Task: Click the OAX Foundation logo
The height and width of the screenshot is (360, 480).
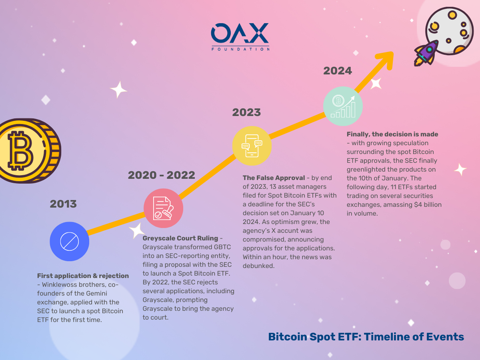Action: click(x=240, y=37)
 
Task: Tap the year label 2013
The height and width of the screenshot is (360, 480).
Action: click(x=63, y=204)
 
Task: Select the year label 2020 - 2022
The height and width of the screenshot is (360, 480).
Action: click(x=161, y=175)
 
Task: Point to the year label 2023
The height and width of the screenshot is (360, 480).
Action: click(x=246, y=112)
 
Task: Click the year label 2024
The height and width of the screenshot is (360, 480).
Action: click(x=338, y=71)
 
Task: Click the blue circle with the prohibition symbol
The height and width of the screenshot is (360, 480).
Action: click(x=69, y=242)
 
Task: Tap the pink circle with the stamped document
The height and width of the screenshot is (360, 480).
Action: click(x=163, y=208)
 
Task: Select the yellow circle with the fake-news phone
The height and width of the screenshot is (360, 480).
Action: click(x=252, y=146)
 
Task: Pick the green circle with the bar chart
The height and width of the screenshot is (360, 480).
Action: click(x=343, y=106)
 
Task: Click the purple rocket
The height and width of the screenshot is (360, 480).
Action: click(x=426, y=53)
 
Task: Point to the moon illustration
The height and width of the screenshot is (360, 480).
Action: click(x=449, y=31)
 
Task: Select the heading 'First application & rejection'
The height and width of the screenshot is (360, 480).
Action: click(x=83, y=276)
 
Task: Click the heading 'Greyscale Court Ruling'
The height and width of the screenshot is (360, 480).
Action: click(x=180, y=238)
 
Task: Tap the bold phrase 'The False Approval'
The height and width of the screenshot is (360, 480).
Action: click(x=274, y=178)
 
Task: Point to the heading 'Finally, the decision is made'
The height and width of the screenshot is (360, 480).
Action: click(x=392, y=134)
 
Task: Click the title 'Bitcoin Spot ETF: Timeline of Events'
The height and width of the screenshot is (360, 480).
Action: click(x=366, y=337)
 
